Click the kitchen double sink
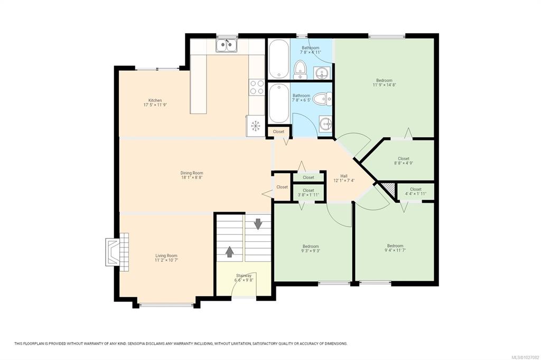point(226,45)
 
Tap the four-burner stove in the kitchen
point(257,87)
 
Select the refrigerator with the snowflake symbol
point(255,126)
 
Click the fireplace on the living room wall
point(117,250)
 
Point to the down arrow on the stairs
point(258,223)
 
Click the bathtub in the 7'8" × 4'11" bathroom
point(279,59)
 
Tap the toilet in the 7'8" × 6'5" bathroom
point(324,99)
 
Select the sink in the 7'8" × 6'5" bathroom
point(325,123)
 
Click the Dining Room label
point(192,173)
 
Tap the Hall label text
point(344,176)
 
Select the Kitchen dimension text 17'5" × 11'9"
point(155,105)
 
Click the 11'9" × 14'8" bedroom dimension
point(384,85)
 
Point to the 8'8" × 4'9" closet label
point(403,163)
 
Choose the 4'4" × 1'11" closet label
point(415,194)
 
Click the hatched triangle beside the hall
point(389,188)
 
